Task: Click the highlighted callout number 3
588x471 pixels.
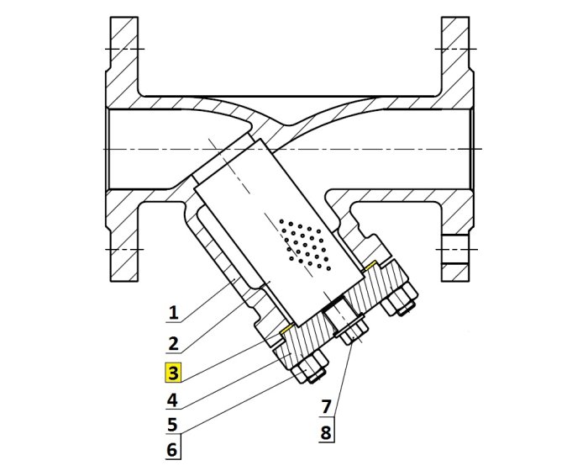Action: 172,372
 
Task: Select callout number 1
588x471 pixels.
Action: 172,314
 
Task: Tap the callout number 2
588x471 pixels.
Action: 172,343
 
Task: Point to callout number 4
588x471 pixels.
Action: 172,399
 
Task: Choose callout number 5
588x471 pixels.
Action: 172,424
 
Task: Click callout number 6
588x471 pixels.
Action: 172,450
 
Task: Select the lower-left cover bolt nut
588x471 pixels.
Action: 311,371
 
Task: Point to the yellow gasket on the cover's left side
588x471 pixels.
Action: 286,329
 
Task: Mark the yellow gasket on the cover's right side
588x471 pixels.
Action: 371,267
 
